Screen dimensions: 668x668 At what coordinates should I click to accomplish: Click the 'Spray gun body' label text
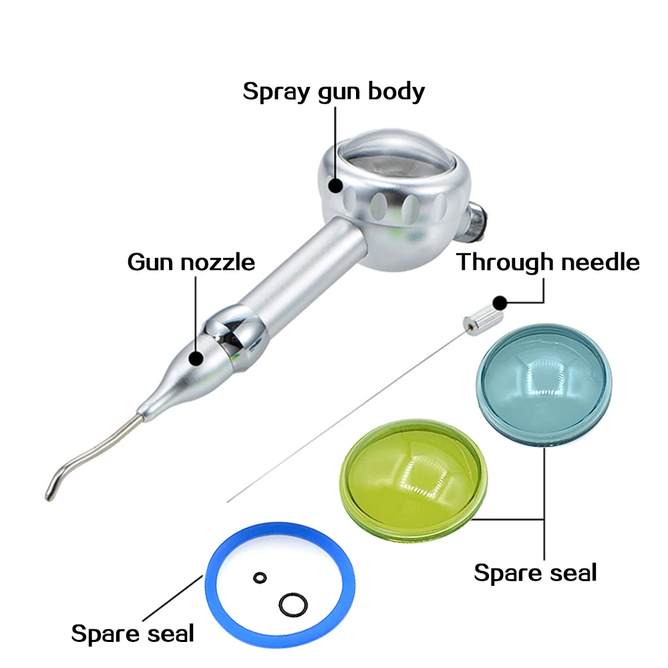[x=333, y=90]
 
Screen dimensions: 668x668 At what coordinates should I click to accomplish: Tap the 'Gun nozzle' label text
[x=191, y=261]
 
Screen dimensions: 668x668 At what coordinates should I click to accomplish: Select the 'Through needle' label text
[x=548, y=262]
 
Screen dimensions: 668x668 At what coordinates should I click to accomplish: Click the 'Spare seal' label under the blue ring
[x=132, y=633]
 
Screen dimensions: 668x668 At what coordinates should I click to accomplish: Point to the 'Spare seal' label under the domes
[x=535, y=572]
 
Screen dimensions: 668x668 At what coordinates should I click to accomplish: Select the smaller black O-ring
[x=258, y=577]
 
